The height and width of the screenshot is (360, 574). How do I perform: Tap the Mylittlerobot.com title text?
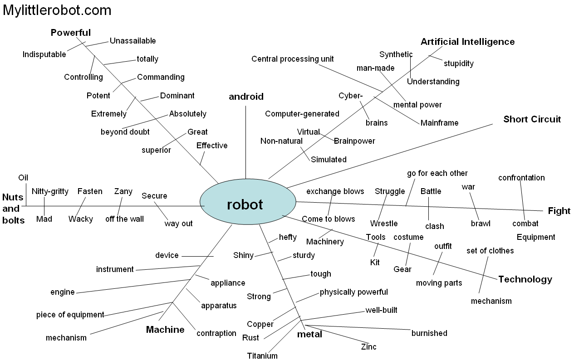[x=57, y=10]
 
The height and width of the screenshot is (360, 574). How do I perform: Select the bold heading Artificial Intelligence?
[x=467, y=42]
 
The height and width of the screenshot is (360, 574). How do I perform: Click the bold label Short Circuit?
[x=532, y=119]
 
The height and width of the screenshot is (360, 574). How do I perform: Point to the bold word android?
[x=246, y=97]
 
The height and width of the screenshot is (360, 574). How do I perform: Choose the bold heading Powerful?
[x=71, y=33]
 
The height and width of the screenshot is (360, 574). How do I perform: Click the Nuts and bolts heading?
[x=13, y=209]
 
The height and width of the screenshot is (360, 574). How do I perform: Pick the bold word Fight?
[x=559, y=211]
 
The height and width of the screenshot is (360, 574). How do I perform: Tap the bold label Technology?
[x=525, y=279]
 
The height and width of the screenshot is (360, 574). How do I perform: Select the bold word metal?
[x=309, y=335]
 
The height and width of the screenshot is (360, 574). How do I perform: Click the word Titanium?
[x=262, y=355]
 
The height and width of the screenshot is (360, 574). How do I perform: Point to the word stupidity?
[x=458, y=63]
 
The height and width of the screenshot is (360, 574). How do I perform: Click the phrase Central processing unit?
[x=293, y=59]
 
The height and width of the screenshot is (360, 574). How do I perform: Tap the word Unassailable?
[x=132, y=41]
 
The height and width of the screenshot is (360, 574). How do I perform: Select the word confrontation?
[x=521, y=178]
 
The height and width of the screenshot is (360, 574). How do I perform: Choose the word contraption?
[x=216, y=333]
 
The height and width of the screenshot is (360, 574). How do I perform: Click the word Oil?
[x=23, y=177]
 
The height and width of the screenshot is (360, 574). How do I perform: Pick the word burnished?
[x=429, y=333]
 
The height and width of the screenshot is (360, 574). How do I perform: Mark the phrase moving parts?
[x=439, y=283]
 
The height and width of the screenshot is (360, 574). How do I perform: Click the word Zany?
[x=123, y=191]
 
